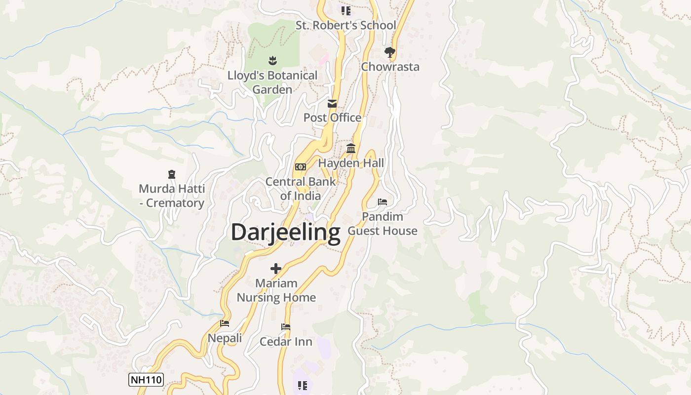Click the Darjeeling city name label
tap(285, 232)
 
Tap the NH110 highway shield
tap(146, 380)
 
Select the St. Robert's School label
tap(345, 25)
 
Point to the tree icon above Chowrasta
tap(390, 52)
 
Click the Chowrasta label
tap(390, 67)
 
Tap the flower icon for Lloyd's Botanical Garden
tap(272, 61)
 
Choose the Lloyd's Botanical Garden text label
tap(272, 82)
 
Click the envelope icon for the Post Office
tap(332, 104)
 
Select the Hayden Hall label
tap(351, 163)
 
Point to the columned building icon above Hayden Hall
tap(351, 149)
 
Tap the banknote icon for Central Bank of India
tap(300, 167)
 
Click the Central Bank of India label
tap(301, 189)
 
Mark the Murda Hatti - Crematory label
tap(171, 196)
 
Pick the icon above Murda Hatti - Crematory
tap(171, 174)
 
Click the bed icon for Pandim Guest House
tap(383, 202)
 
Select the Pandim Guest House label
tap(383, 224)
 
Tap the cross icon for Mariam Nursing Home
tap(276, 269)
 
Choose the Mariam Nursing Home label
tap(276, 290)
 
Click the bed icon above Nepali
tap(225, 324)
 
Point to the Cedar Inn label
tap(286, 342)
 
